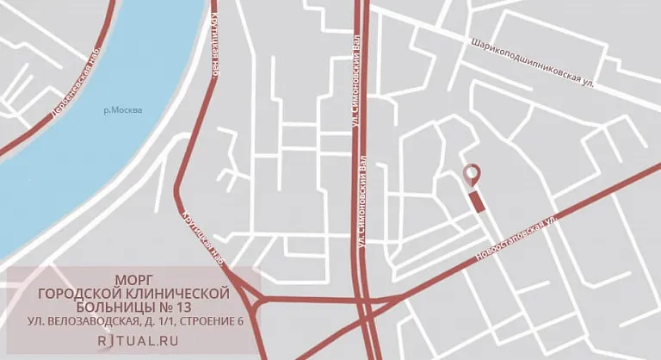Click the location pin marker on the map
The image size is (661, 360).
point(471,174)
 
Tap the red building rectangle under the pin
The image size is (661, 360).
point(476,202)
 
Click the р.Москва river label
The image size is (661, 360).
point(122,110)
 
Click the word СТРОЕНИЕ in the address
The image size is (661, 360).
point(209,322)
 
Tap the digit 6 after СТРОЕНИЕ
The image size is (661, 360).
point(241,322)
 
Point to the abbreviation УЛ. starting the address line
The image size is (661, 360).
point(35,322)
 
